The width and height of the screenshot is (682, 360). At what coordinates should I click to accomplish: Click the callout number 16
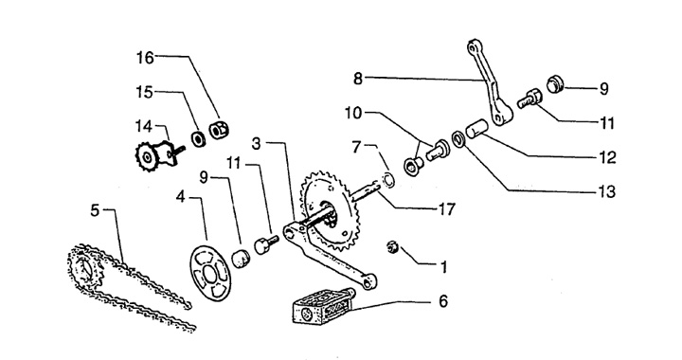145,57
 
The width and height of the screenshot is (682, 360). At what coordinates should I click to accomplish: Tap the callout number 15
144,92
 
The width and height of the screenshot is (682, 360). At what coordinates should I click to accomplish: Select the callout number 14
144,127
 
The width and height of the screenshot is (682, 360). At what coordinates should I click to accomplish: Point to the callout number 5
96,210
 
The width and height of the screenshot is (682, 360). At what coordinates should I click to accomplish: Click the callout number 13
607,191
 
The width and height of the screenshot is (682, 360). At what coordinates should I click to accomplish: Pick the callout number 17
446,209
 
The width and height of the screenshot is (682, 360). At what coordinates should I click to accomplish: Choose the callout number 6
442,301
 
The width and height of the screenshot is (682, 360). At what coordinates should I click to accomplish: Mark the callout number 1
443,266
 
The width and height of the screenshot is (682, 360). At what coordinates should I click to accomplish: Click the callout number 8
358,80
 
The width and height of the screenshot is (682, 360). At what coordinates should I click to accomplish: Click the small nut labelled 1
392,247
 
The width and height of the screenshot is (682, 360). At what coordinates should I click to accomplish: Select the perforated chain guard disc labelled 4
209,274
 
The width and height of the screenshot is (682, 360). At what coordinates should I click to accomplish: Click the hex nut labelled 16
219,129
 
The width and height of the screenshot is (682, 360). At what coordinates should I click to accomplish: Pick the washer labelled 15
198,138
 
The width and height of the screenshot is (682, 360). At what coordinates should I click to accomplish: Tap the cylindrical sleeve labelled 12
476,128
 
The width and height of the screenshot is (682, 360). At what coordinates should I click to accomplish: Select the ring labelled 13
458,138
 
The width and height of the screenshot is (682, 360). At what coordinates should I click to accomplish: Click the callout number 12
607,157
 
